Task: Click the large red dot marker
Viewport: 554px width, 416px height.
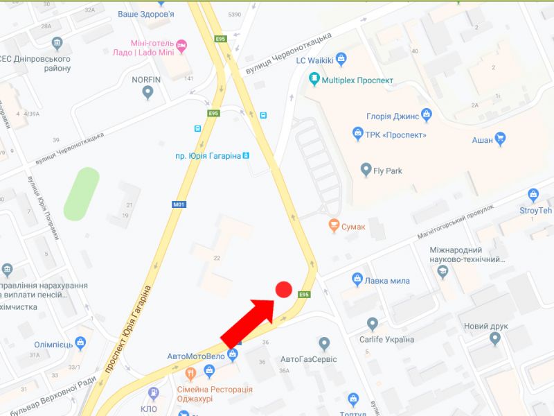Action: tap(283, 290)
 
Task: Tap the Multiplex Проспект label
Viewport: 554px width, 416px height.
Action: tap(357, 80)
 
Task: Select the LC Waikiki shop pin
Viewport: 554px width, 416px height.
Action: tap(340, 59)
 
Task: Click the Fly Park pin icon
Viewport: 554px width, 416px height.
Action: tap(367, 168)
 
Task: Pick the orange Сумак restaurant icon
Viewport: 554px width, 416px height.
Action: tap(334, 226)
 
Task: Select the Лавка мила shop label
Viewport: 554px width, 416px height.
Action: tap(388, 281)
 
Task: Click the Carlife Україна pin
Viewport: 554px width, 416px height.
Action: tap(373, 324)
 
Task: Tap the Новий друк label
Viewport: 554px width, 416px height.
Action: tap(485, 326)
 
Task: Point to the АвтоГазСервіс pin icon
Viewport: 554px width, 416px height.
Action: tap(323, 343)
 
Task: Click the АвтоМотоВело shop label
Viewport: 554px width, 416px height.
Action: tap(196, 356)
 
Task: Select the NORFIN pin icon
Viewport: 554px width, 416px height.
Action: tap(147, 94)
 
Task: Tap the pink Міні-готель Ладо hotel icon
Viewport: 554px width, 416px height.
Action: tap(181, 46)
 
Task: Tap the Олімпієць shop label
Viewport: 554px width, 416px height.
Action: tap(54, 345)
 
